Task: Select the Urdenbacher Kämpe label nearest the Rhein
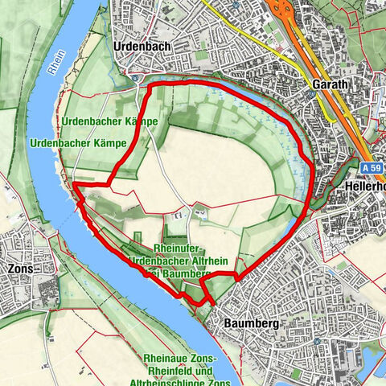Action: pyautogui.click(x=80, y=142)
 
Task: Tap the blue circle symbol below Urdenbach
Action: pyautogui.click(x=134, y=78)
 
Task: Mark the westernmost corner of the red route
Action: pyautogui.click(x=75, y=184)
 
